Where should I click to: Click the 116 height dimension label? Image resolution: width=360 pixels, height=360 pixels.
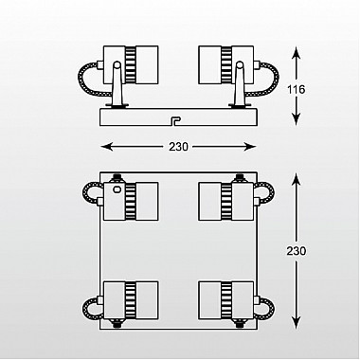click(297, 90)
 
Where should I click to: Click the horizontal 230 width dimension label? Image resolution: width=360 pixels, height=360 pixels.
click(178, 147)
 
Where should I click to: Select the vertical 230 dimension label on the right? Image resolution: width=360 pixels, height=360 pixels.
click(297, 251)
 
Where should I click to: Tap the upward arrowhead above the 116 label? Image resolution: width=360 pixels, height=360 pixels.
click(296, 52)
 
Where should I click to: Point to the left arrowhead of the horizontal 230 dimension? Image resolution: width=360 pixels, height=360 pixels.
click(106, 147)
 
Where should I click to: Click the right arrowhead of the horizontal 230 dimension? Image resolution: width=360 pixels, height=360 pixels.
click(250, 147)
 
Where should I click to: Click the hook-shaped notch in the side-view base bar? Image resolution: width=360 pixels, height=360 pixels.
click(174, 121)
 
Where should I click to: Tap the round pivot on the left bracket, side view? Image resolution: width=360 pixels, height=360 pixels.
click(117, 65)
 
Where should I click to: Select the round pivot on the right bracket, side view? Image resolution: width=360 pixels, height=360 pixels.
click(240, 65)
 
